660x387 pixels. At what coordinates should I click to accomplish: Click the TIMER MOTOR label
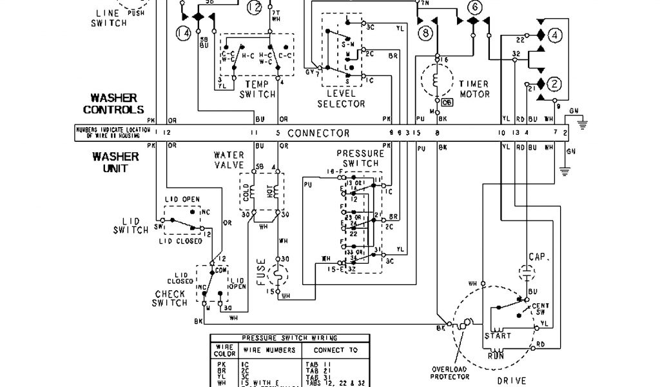pos(474,89)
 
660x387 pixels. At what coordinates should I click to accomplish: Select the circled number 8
pos(424,32)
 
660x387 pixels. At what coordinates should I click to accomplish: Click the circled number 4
pos(556,35)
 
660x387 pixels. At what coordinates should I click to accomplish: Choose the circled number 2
pos(556,83)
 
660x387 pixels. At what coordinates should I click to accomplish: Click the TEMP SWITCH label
pos(257,89)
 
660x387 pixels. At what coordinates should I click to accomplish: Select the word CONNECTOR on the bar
pos(318,134)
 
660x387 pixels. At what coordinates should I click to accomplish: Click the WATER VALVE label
pos(229,160)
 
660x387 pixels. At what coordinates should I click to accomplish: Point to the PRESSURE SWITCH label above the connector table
pos(360,159)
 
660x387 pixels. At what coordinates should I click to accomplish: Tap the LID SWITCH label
pos(131,226)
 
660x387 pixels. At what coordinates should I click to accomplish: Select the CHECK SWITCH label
pos(170,299)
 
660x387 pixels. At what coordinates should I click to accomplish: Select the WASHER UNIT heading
pos(115,163)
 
